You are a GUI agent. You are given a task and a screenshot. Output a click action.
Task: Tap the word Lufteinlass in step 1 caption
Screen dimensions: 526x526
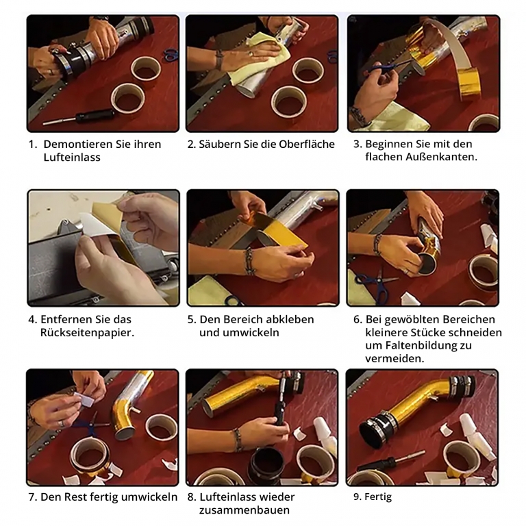tap(72, 158)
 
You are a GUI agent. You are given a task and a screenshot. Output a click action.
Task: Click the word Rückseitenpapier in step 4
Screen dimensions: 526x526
tap(86, 333)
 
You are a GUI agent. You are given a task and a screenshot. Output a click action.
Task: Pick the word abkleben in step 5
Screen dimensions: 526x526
tap(288, 319)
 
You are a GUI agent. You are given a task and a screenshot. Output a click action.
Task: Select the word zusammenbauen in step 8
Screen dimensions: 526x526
tap(245, 510)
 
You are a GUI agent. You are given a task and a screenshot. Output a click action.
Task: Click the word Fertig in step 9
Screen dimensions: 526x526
tap(378, 497)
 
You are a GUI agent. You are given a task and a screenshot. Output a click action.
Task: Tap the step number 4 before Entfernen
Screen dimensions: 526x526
tap(32, 319)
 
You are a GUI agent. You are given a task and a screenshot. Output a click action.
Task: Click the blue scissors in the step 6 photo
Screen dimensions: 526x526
tap(376, 284)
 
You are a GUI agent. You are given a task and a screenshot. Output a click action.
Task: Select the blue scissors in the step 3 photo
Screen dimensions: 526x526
tap(386, 69)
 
